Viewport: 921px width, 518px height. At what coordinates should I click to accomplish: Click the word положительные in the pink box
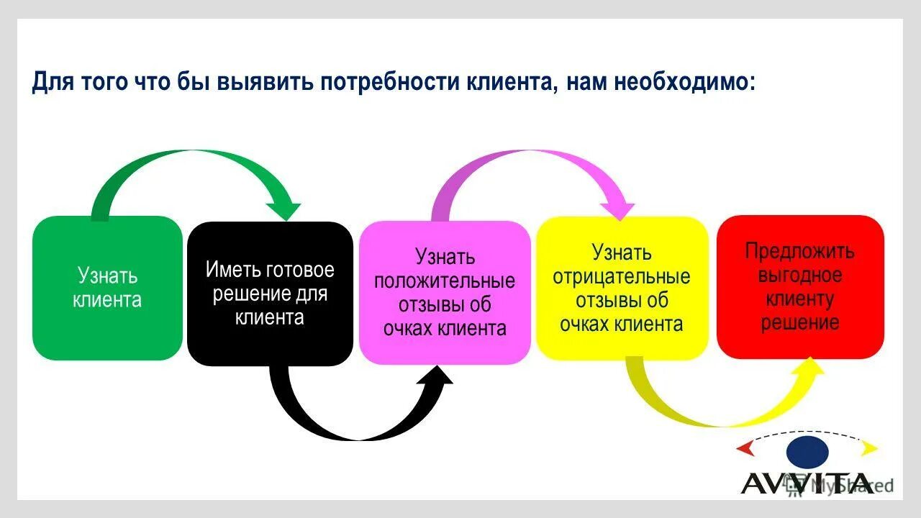click(x=445, y=281)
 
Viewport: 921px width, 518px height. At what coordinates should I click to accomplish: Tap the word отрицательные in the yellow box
click(x=622, y=276)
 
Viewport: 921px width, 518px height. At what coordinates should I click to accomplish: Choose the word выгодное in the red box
click(x=800, y=275)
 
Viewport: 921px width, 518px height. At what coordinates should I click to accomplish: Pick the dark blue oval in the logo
click(x=807, y=451)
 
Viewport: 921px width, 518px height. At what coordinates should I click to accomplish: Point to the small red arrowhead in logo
click(x=745, y=449)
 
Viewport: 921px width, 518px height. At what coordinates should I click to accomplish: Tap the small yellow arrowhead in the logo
click(x=870, y=449)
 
